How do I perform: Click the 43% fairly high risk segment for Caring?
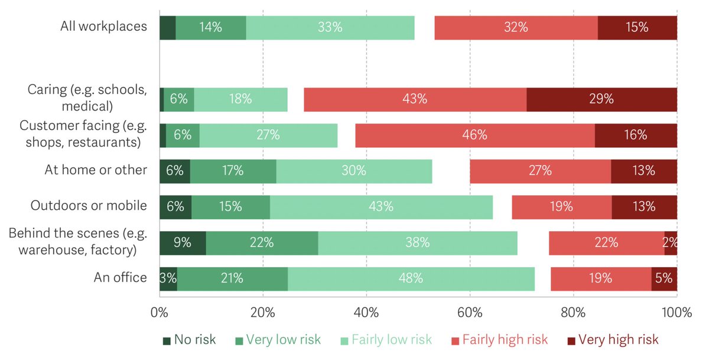pos(415,99)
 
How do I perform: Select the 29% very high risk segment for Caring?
pos(601,99)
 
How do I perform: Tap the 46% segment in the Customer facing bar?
pos(474,135)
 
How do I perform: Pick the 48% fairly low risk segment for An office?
pos(411,278)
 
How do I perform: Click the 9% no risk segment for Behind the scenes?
pos(183,242)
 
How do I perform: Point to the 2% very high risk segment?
pos(671,242)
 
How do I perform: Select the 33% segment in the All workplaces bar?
pos(330,27)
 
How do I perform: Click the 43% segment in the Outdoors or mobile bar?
pos(381,207)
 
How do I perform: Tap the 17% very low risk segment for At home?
pos(233,171)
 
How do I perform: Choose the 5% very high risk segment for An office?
pos(664,278)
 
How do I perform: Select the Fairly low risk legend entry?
pos(386,340)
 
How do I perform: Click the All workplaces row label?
pos(103,27)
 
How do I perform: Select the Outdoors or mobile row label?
pos(89,206)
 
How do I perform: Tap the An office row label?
pos(120,278)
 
